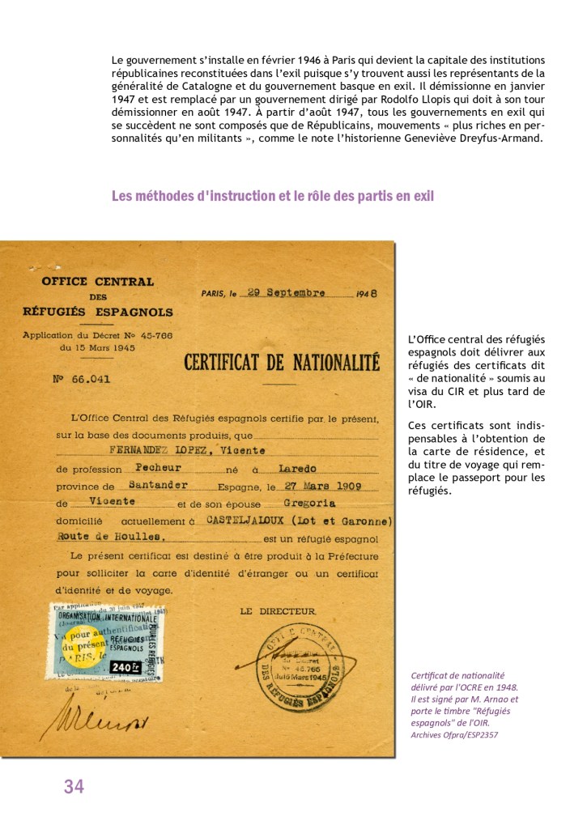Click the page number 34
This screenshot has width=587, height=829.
click(74, 786)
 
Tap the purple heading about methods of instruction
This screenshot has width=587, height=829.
click(272, 196)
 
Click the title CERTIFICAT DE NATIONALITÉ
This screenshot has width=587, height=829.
click(282, 362)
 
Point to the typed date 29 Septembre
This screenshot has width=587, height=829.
click(286, 293)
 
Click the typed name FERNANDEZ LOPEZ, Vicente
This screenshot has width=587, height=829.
click(175, 450)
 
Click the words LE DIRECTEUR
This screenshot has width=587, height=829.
click(279, 611)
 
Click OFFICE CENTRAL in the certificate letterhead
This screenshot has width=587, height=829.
click(98, 282)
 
